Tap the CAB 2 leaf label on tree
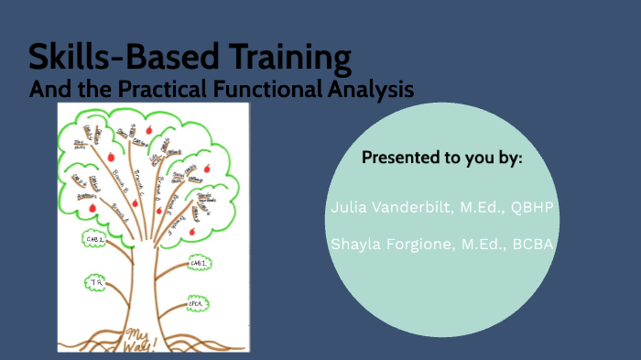(199, 264)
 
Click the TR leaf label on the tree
(94, 282)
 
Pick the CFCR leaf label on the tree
(197, 301)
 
